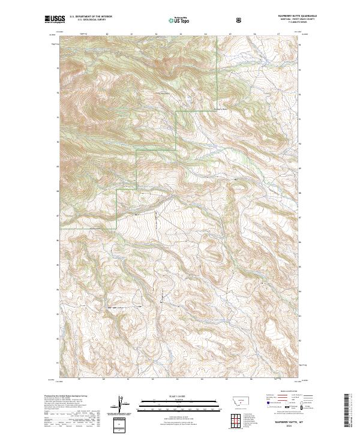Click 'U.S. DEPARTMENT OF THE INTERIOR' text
[x=89, y=17]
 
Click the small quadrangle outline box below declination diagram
[x=121, y=425]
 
